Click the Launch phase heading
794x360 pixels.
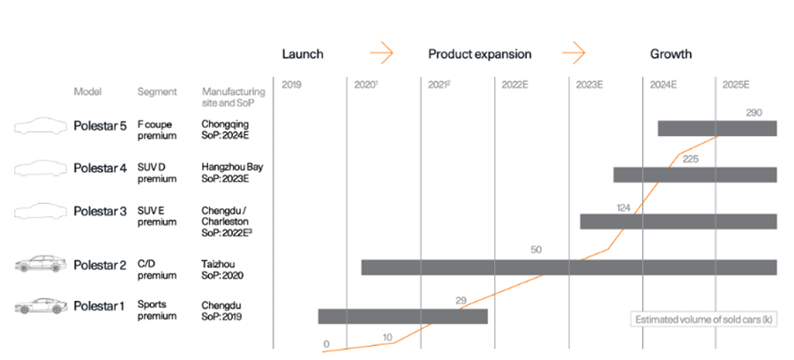pos(303,54)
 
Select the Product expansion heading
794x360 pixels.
pos(480,54)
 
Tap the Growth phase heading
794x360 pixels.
pos(671,54)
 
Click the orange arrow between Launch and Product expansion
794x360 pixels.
pos(381,53)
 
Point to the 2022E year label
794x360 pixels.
pos(515,85)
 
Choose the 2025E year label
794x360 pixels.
pos(736,85)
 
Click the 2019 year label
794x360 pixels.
pos(291,85)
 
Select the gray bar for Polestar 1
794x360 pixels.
pos(403,317)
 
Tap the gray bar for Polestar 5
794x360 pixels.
pos(717,129)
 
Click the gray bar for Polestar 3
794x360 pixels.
pos(678,221)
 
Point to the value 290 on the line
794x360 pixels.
pos(754,113)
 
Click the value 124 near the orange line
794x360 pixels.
pos(624,207)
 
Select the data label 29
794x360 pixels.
pos(461,301)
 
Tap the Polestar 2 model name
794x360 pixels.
pos(101,266)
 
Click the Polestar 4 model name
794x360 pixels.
pos(101,169)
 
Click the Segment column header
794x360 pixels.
pos(157,92)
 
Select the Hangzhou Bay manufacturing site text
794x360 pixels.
pos(232,167)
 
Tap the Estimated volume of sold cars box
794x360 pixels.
pos(704,320)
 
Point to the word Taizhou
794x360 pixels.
pos(218,265)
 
